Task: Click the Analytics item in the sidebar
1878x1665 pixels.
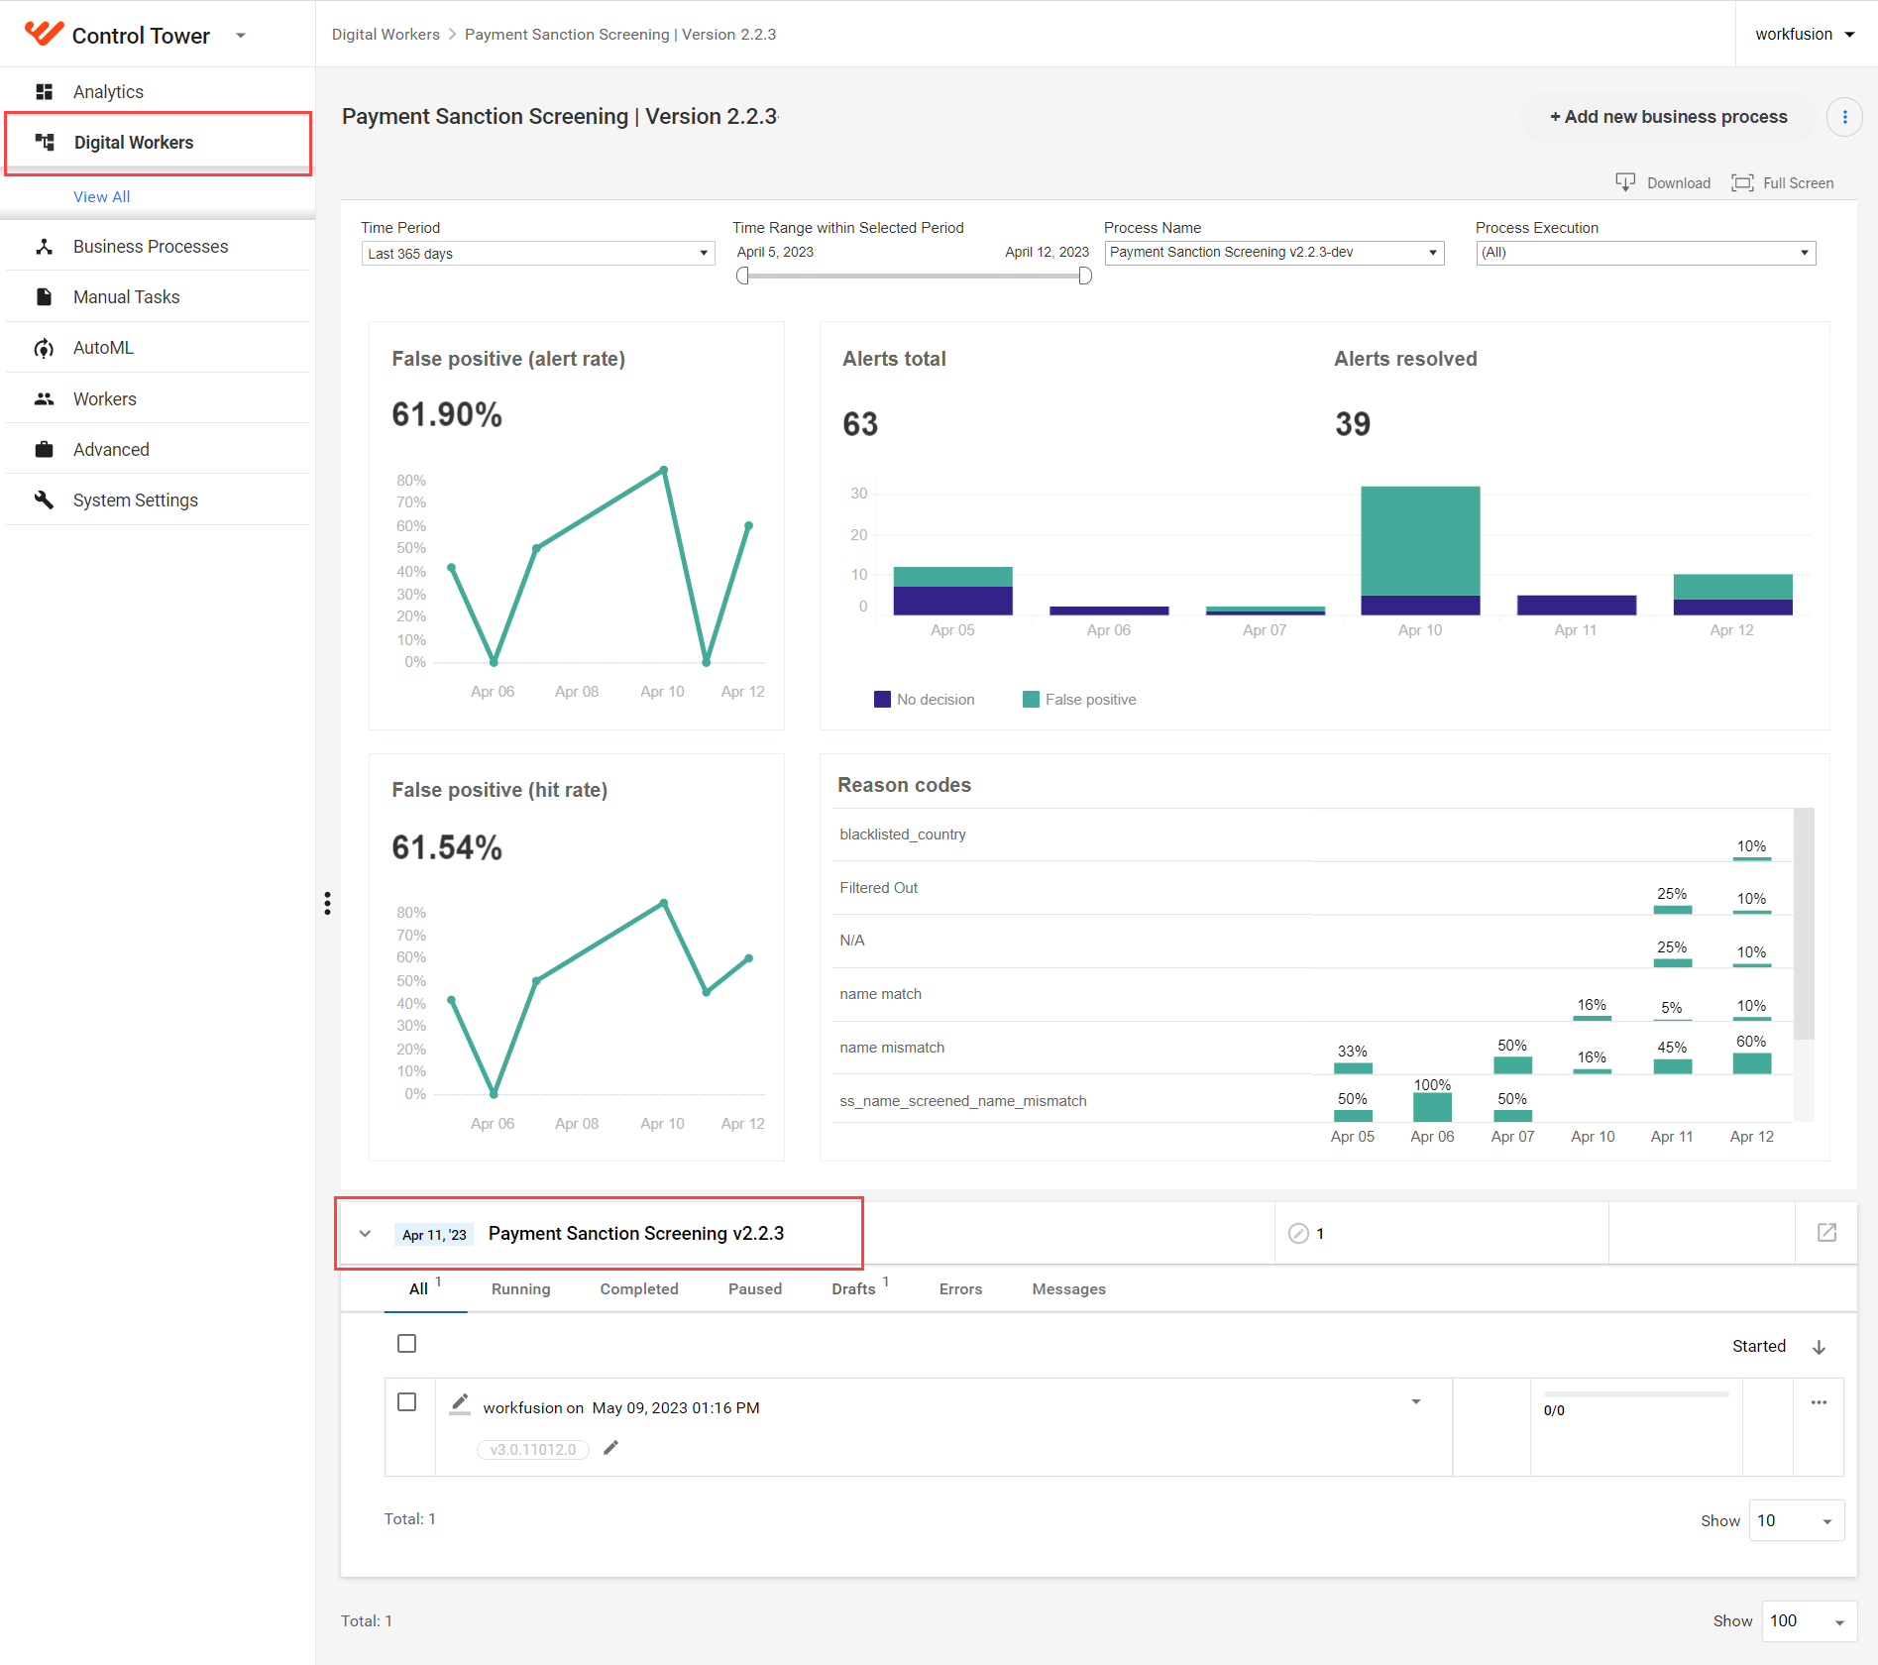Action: coord(108,92)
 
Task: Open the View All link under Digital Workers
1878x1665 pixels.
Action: coord(101,196)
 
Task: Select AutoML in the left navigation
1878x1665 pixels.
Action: coord(103,348)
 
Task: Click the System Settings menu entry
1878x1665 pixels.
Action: coord(135,500)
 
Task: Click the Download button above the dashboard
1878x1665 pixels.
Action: coord(1663,182)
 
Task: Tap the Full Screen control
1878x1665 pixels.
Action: coord(1783,182)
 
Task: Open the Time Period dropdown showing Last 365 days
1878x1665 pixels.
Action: coord(538,254)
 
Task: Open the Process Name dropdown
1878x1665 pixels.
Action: coord(1274,253)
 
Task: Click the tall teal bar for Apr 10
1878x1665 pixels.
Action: coord(1420,541)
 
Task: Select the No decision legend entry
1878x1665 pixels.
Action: coord(924,700)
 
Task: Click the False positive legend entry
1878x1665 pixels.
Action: coord(1079,700)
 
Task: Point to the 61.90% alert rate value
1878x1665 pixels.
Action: coord(447,414)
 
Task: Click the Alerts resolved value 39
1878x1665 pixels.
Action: coord(1353,424)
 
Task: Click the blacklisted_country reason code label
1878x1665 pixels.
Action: coord(903,834)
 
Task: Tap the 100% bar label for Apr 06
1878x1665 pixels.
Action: coord(1432,1085)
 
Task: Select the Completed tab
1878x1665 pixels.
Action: coord(639,1288)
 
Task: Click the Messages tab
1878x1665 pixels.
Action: coord(1068,1288)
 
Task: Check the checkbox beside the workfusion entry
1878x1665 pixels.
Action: coord(406,1402)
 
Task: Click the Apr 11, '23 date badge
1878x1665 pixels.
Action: coord(434,1235)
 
